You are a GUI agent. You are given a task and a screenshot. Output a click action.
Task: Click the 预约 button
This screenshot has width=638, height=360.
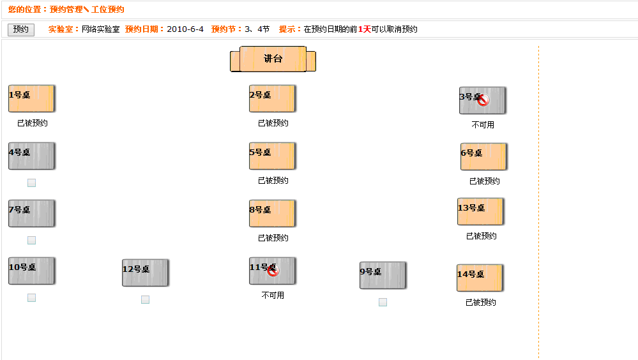(x=20, y=29)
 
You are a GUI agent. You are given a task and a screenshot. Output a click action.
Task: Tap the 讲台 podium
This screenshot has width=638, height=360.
(x=273, y=59)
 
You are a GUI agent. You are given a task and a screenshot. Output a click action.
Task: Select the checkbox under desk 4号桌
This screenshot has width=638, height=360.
(x=31, y=183)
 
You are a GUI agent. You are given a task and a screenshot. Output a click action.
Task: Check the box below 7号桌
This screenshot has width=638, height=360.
(x=31, y=241)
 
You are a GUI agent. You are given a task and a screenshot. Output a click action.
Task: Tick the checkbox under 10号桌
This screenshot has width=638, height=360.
(x=31, y=297)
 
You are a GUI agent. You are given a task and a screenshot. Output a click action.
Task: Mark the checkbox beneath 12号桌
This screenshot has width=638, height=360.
(x=145, y=300)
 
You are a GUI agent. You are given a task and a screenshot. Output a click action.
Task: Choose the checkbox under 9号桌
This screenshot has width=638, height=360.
(x=383, y=303)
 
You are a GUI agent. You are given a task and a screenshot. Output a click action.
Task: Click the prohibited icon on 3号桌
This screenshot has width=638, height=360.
(x=483, y=100)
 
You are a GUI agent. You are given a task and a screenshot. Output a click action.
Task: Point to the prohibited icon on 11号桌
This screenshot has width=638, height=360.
(x=273, y=270)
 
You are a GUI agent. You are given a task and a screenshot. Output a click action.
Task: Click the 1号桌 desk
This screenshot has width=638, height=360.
(x=31, y=98)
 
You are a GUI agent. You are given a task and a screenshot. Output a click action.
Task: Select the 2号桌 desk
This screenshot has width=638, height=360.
(x=272, y=98)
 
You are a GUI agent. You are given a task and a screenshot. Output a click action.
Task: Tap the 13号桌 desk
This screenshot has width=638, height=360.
(x=480, y=211)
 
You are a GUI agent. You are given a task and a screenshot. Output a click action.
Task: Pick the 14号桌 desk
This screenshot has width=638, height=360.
(x=480, y=278)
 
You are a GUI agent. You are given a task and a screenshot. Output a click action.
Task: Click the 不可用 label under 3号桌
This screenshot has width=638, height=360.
(x=483, y=125)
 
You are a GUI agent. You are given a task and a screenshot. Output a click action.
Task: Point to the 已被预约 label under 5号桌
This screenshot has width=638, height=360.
(x=273, y=181)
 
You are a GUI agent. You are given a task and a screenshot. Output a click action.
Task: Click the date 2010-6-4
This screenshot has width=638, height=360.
(x=185, y=29)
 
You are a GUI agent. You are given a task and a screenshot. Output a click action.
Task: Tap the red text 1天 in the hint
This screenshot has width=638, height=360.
(x=365, y=29)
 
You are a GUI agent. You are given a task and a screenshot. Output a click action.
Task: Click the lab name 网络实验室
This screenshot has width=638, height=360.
(x=101, y=29)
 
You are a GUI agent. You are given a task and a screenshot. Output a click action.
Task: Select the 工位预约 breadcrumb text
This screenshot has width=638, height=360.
(x=108, y=10)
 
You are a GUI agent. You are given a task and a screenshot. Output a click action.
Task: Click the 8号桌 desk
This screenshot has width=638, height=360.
(x=272, y=213)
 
